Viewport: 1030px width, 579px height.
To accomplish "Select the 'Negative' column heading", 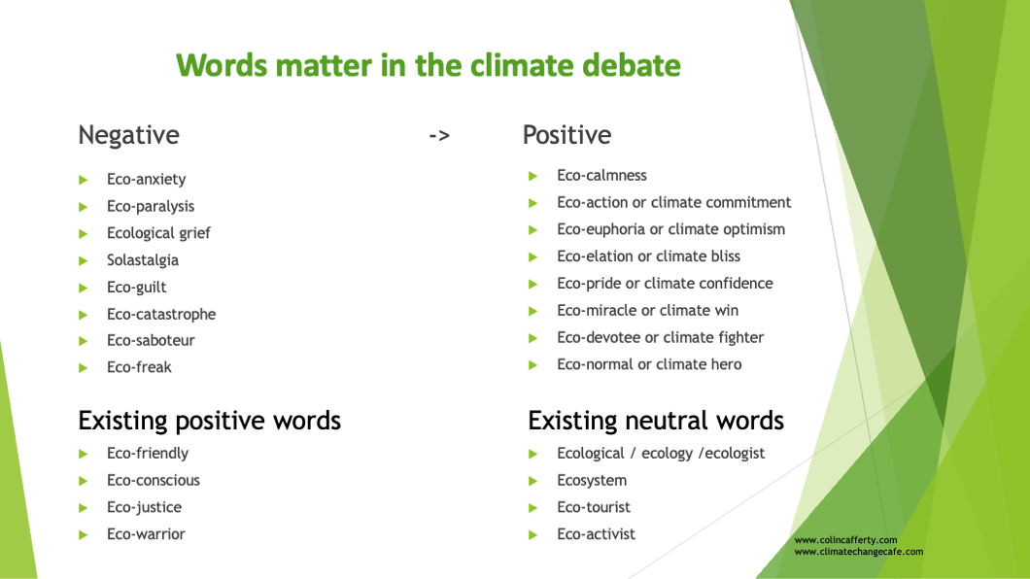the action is [128, 135].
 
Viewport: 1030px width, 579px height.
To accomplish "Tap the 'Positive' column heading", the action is [566, 135].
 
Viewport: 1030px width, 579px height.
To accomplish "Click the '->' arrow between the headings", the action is [439, 136].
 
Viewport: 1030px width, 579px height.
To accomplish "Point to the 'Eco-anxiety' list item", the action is [147, 179].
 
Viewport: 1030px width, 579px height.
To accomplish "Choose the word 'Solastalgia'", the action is [143, 260].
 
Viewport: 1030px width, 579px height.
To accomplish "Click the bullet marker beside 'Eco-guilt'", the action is [84, 288].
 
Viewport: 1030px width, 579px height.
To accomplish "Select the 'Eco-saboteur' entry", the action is [151, 340].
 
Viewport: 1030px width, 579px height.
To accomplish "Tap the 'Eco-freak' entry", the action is [139, 367].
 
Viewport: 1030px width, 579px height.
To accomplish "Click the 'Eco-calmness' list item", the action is [601, 175].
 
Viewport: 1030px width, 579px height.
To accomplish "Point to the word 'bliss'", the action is [721, 256].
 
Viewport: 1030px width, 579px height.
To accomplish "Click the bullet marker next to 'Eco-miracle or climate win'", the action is [532, 311].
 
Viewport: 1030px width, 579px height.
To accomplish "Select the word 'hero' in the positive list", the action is [725, 364].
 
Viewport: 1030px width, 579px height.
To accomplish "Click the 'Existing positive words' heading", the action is [210, 420].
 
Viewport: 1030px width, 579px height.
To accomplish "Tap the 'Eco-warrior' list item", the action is [146, 533].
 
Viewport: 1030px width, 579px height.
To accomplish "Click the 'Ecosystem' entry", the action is [592, 481].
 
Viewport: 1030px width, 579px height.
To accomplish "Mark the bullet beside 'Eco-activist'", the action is [532, 535].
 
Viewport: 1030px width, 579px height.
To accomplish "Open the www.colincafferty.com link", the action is [845, 539].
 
